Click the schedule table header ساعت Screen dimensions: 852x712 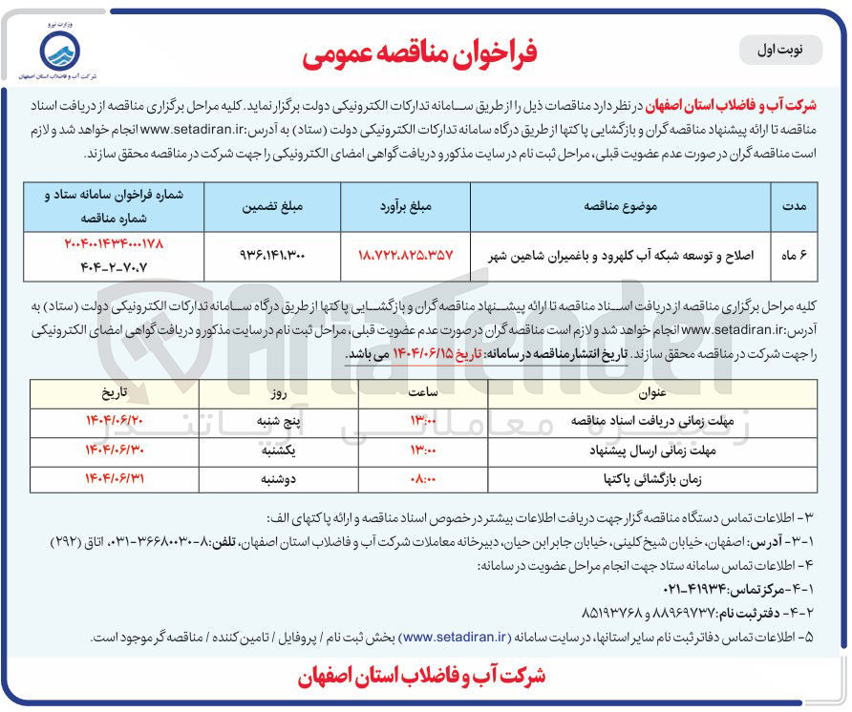pyautogui.click(x=422, y=392)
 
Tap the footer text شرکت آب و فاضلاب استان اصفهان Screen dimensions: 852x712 pyautogui.click(x=420, y=676)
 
